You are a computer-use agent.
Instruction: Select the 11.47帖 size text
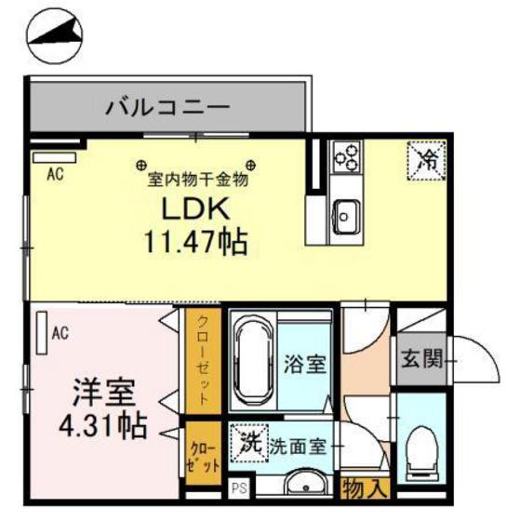pos(194,244)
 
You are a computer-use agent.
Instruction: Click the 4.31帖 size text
pos(103,427)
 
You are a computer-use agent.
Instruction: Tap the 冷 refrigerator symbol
pos(429,156)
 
